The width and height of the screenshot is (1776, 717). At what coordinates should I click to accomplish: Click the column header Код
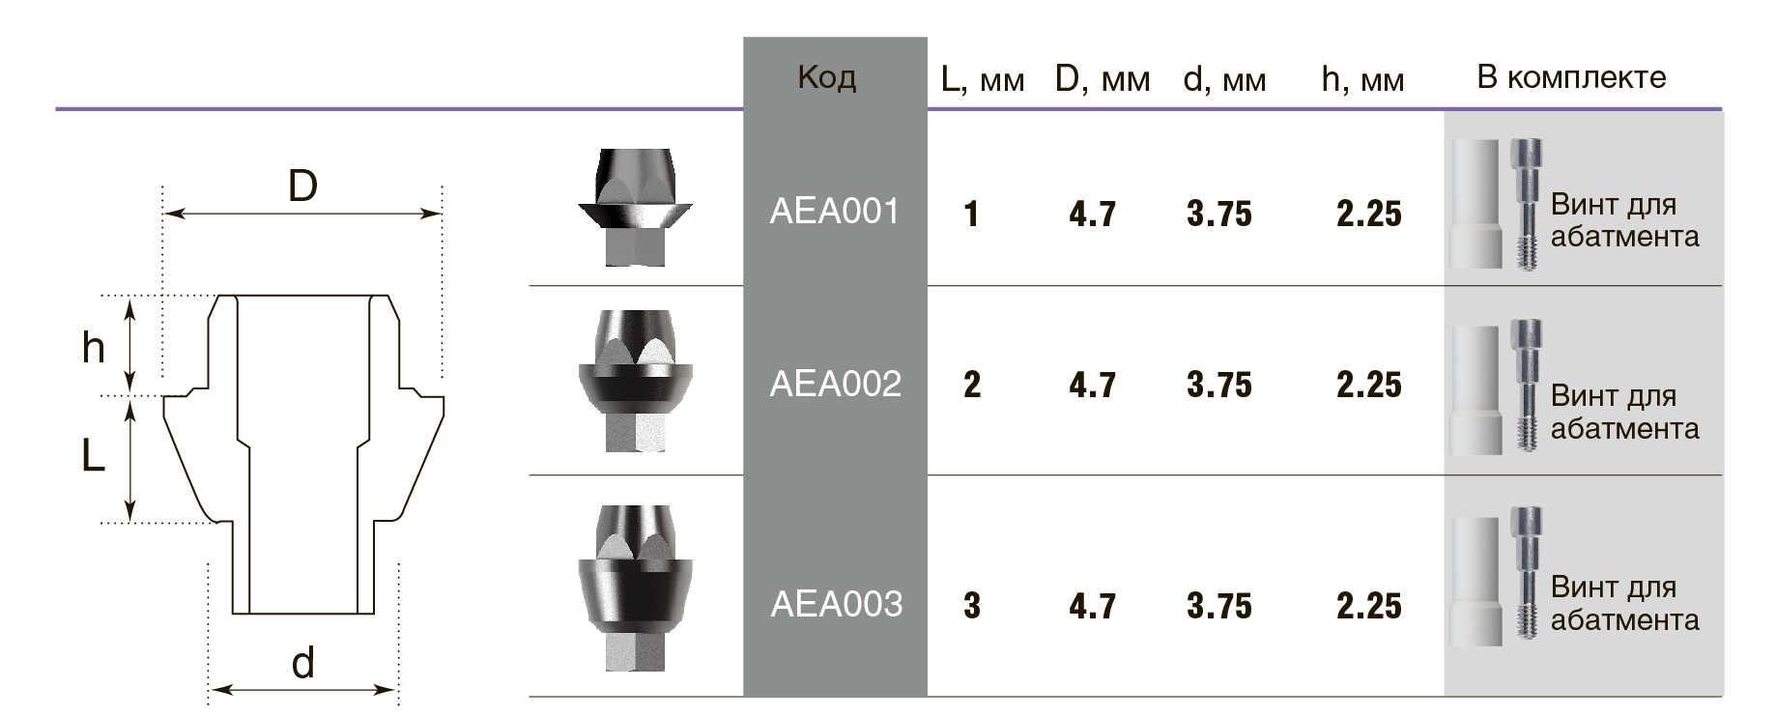(x=827, y=77)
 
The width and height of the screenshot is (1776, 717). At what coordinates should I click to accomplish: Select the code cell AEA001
(x=835, y=211)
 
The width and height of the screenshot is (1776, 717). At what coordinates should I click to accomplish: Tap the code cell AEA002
(x=835, y=384)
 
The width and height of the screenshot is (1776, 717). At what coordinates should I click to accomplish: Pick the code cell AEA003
(x=836, y=604)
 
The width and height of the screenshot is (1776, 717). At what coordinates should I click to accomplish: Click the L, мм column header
(x=983, y=80)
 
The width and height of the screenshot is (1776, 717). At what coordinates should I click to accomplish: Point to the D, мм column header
(x=1103, y=80)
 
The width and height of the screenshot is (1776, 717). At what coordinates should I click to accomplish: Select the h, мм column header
(x=1362, y=80)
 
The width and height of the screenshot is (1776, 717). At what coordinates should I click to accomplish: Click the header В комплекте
(x=1571, y=77)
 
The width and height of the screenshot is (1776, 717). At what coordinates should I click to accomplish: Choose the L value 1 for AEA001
(x=972, y=214)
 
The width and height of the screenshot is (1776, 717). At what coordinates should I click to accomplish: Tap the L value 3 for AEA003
(x=972, y=606)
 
